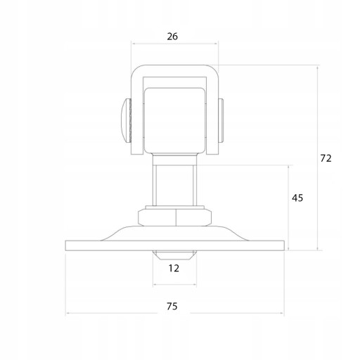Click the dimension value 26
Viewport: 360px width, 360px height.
(x=172, y=37)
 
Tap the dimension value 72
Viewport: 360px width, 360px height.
(x=326, y=158)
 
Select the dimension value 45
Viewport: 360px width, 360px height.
(x=297, y=198)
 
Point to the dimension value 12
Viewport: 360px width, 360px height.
(x=174, y=268)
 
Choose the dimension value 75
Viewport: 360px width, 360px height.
(x=172, y=307)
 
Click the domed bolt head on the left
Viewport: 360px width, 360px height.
(x=126, y=121)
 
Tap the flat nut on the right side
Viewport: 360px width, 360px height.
(x=221, y=120)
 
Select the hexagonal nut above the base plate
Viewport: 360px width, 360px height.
(x=175, y=218)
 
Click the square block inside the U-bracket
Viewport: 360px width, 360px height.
(x=175, y=120)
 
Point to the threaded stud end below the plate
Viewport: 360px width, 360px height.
(x=174, y=255)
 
